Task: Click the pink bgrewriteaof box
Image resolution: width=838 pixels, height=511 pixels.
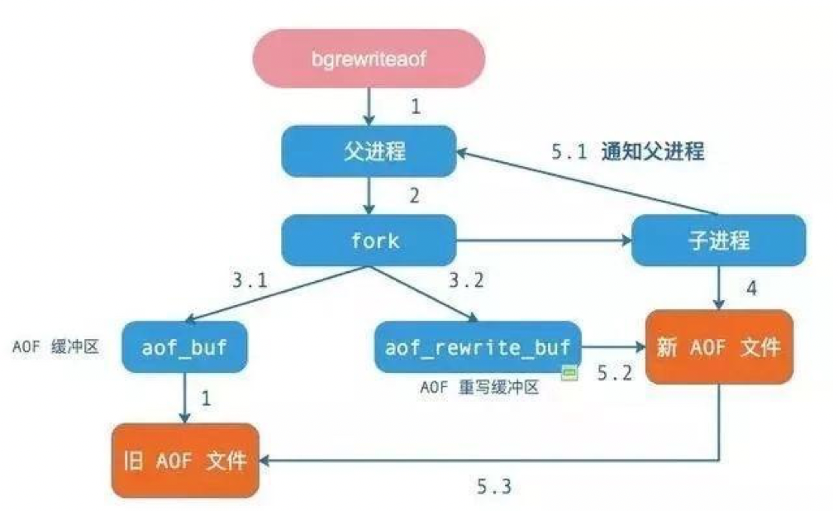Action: coord(367,59)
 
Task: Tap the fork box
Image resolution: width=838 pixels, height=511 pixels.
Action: coord(369,241)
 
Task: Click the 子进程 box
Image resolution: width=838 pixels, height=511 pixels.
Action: coord(718,241)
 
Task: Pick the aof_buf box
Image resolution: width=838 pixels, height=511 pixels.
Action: coord(185,347)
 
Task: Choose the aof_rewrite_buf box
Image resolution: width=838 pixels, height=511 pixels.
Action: coord(477,347)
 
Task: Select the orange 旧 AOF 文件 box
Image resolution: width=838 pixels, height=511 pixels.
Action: coord(184,460)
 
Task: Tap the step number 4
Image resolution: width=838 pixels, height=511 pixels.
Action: coord(750,289)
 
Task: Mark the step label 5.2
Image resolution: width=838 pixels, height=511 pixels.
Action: coord(614,373)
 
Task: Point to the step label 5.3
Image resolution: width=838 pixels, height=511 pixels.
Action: coord(494,485)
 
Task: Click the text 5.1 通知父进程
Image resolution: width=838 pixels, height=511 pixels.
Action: coord(627,152)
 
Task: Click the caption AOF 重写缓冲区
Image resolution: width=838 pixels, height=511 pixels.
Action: coord(479,386)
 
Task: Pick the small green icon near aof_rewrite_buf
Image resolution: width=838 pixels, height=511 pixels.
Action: coord(569,373)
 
